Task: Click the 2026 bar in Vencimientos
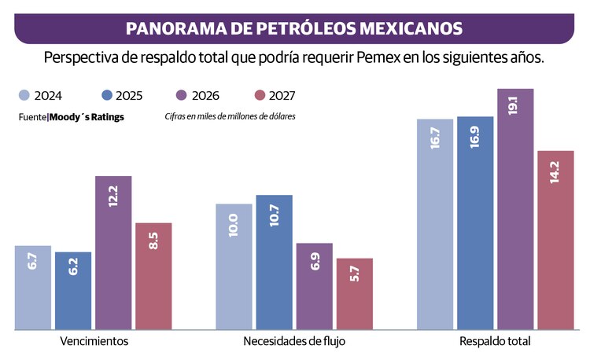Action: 113,252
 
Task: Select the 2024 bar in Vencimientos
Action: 33,287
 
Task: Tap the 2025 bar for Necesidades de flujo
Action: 274,261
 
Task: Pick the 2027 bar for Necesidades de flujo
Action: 354,292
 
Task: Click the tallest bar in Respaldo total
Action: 515,208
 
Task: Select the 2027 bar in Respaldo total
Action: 555,240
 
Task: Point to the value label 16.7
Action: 435,141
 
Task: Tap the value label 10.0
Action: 234,226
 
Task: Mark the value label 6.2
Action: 74,266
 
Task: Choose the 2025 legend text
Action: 129,97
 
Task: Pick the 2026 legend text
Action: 206,97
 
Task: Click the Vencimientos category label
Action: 94,342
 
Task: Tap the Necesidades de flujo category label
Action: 294,342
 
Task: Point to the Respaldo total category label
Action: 495,342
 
